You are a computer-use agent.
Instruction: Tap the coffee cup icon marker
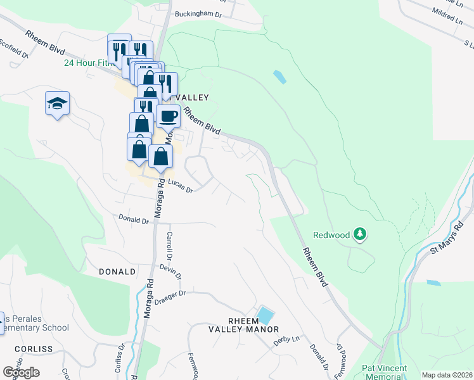[x=168, y=117]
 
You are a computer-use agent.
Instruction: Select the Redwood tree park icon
[x=360, y=234]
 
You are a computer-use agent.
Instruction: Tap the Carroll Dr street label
[x=169, y=246]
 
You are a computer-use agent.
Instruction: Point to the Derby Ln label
[x=286, y=339]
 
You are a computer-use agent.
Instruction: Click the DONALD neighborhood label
[x=117, y=271]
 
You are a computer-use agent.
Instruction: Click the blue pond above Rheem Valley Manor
[x=265, y=314]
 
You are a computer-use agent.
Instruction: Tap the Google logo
[x=21, y=372]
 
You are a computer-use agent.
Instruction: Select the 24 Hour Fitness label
[x=89, y=63]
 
